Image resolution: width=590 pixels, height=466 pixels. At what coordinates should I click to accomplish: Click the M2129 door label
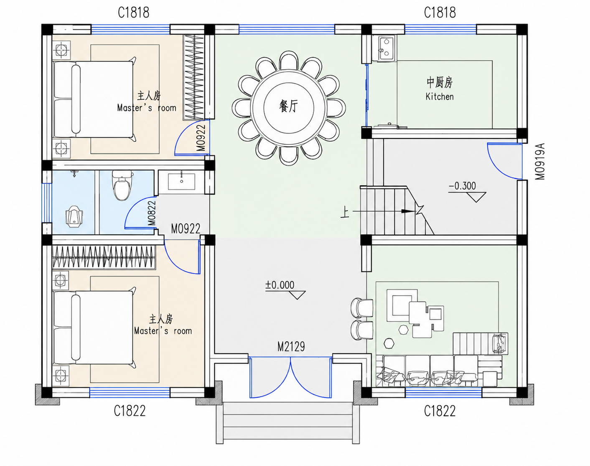coord(291,347)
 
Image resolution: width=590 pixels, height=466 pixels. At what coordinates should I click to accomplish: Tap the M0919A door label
coord(539,161)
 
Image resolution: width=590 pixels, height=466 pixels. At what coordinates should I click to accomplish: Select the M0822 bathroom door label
coord(152,213)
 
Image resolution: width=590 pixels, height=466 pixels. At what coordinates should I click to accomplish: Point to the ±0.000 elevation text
coord(280,285)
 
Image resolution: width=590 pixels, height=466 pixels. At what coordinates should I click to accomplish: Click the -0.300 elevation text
coord(462,186)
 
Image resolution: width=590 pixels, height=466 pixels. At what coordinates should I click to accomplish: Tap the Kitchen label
coord(440,97)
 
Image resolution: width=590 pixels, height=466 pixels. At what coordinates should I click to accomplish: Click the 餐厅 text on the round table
coord(288,106)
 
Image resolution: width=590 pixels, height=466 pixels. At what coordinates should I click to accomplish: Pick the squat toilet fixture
coord(74,217)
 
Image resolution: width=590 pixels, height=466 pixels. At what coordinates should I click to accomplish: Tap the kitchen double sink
coord(387,48)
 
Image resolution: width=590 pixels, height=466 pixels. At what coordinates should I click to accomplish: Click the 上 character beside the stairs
coord(345,213)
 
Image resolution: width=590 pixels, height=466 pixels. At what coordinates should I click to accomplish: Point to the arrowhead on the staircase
coord(408,211)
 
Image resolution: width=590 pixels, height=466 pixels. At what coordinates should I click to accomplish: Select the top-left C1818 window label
coord(133,13)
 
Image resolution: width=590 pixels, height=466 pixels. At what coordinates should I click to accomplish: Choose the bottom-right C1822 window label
coord(440,411)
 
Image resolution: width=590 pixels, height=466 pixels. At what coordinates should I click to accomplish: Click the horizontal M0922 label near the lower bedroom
coord(186,229)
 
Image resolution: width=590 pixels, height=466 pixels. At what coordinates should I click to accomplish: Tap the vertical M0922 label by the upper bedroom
coord(201,138)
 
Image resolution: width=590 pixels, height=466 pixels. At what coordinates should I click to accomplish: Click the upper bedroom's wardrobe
coord(193,77)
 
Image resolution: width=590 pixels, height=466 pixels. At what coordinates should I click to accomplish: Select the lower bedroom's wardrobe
coord(104,257)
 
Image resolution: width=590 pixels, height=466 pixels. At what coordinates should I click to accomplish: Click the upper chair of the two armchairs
coord(362,308)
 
